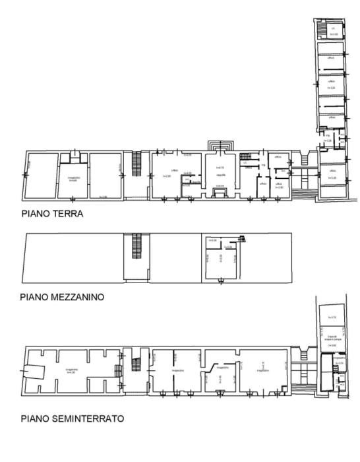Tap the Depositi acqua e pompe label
tap(328, 338)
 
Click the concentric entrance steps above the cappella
tap(220, 145)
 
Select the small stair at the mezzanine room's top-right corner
tap(242, 240)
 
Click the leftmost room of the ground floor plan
tap(41, 175)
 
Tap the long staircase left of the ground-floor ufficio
tap(137, 164)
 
